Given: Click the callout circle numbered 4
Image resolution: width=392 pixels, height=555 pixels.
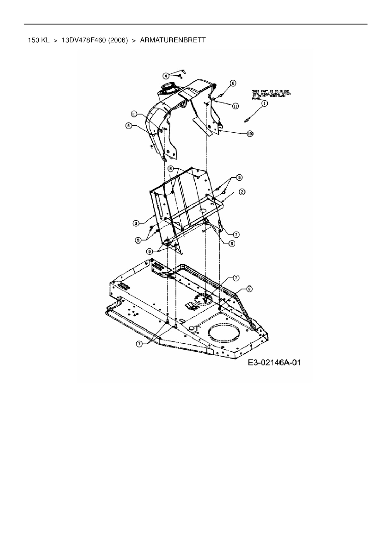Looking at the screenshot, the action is click(165, 76).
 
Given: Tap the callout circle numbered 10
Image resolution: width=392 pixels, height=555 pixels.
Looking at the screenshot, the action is click(250, 134).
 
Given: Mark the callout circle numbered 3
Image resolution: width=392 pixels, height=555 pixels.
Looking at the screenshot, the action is click(135, 223).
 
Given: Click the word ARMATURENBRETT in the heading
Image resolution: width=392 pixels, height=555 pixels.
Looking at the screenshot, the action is click(173, 40).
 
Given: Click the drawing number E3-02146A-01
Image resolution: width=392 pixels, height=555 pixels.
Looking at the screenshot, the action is click(274, 362).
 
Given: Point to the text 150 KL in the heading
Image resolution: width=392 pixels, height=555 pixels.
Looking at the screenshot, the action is click(39, 40).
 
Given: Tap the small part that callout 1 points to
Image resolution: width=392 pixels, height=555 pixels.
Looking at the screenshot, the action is click(247, 120).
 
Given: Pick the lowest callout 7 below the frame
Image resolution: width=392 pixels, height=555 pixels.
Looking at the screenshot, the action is click(139, 344).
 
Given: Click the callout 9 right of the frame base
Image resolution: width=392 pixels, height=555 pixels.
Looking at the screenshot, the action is click(249, 289).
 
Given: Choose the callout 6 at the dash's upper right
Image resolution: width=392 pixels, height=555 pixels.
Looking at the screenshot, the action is click(233, 83).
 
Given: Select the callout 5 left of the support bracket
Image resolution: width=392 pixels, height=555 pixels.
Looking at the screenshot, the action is click(138, 240).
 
